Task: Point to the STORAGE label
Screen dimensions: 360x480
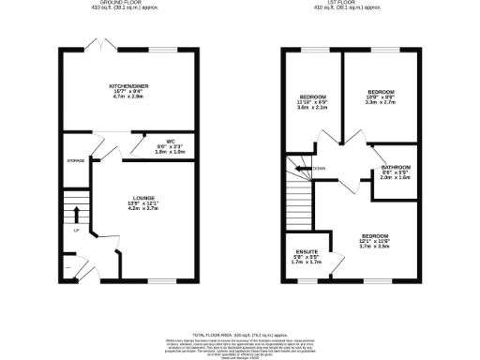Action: [76, 161]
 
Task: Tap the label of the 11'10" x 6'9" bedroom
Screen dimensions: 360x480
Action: [312, 97]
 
